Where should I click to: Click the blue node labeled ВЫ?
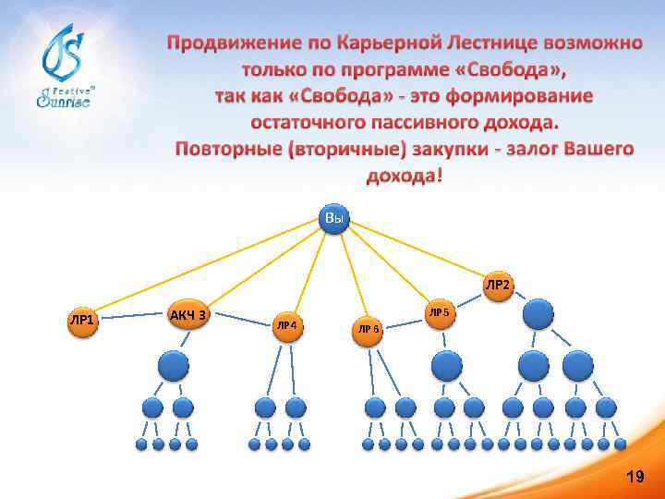pyautogui.click(x=333, y=218)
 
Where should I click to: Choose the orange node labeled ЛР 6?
pyautogui.click(x=369, y=328)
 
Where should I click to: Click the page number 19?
pyautogui.click(x=635, y=477)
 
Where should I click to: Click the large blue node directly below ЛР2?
pyautogui.click(x=538, y=313)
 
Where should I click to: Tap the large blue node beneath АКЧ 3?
pyautogui.click(x=174, y=366)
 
